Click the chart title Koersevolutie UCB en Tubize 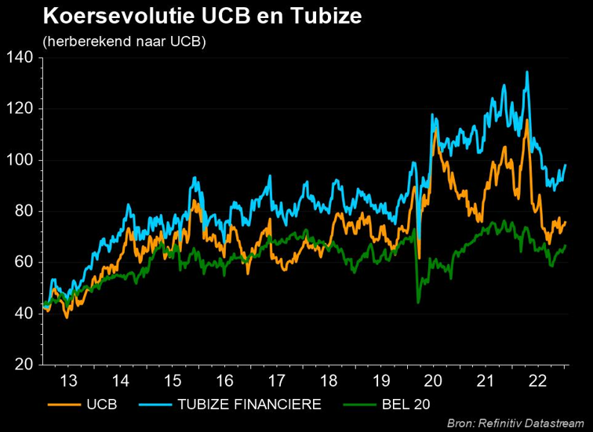[202, 16]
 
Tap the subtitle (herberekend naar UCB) [125, 41]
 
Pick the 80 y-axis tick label [21, 211]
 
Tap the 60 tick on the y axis [21, 262]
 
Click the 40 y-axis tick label [21, 314]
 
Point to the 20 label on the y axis [21, 365]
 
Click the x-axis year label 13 [69, 381]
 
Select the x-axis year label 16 [224, 381]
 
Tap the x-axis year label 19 [381, 381]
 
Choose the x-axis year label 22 [538, 381]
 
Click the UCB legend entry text [101, 405]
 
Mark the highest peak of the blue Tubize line [526, 72]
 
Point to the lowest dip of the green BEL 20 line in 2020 [418, 302]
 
